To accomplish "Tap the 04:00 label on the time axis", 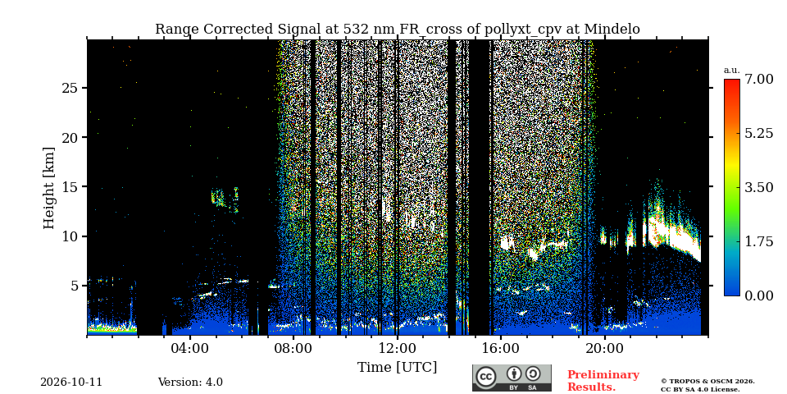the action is click(191, 349).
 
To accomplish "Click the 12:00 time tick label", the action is click(398, 349).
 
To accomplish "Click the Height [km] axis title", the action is click(48, 188).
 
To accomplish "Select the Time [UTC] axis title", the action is click(397, 368).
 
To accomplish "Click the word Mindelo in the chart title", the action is click(613, 30).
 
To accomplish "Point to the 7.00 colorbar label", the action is click(758, 79).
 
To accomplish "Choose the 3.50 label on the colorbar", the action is click(758, 187).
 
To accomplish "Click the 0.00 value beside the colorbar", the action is click(758, 295).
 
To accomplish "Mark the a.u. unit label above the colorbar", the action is click(732, 71).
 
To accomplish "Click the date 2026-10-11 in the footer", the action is click(71, 382).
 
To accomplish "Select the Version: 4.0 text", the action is click(190, 382).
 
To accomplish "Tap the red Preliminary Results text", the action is click(603, 381).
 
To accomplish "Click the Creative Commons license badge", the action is click(512, 378).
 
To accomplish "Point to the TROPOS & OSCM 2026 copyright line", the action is click(707, 382).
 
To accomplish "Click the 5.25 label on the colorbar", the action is click(758, 133).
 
